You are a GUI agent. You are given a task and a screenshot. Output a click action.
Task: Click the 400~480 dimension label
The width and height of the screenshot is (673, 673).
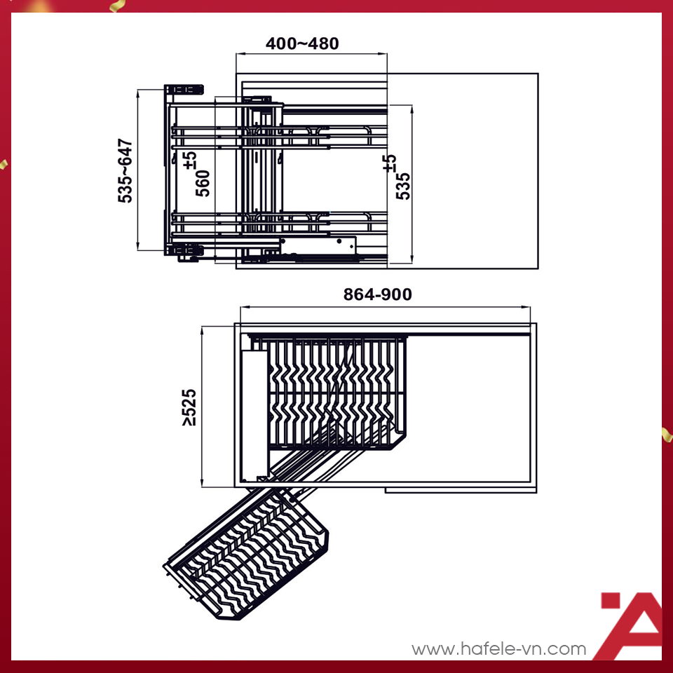coord(302,43)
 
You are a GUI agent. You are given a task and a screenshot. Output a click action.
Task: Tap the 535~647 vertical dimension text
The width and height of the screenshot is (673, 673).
coord(125,171)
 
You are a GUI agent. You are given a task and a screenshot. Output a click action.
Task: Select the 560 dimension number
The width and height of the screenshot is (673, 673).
coord(203,184)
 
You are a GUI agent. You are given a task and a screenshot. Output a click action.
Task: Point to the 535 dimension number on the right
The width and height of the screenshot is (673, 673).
coord(403,186)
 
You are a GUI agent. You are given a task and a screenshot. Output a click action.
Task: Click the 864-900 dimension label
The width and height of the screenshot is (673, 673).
coord(377,295)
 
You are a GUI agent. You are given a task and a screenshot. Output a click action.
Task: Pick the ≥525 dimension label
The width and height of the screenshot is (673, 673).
coord(189,407)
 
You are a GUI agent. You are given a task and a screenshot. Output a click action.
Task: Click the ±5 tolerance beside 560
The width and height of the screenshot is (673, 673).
coord(190,160)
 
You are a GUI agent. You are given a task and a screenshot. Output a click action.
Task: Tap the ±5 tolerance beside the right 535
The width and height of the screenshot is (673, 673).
coord(390,163)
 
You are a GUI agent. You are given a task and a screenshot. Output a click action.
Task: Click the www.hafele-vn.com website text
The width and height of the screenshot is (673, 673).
coord(498,649)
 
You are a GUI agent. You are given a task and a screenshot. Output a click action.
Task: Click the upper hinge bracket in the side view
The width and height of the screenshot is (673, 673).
coord(184,90)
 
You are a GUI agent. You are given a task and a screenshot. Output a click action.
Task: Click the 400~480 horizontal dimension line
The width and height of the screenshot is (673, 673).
coord(311,53)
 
